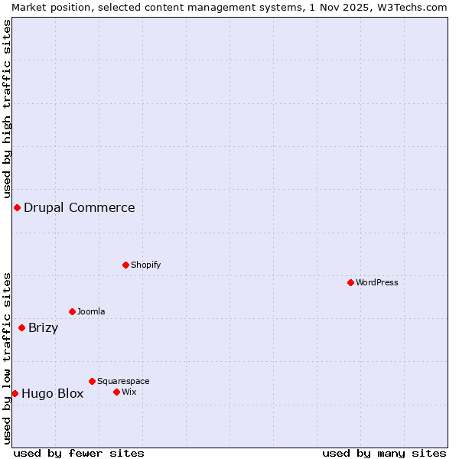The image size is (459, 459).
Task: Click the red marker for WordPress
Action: point(350,282)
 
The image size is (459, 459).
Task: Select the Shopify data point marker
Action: point(125,265)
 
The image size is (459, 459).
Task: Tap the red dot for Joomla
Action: point(72,311)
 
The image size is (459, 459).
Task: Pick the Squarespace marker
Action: point(92,381)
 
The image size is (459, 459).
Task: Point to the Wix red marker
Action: point(116,392)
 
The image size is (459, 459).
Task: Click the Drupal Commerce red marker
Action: point(17,207)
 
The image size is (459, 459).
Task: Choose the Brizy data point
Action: point(21,327)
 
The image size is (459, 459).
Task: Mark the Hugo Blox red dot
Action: point(15,393)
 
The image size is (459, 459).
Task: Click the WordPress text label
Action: point(377,282)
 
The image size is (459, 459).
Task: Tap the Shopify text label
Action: point(146,265)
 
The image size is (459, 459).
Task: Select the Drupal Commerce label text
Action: point(80,207)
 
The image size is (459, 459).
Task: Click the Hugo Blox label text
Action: point(53,394)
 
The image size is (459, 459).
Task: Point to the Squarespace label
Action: point(123,381)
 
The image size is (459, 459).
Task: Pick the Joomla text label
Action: point(91,311)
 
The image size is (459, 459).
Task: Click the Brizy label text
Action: point(44,328)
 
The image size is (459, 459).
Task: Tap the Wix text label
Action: point(129,392)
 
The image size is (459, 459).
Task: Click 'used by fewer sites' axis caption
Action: point(79,453)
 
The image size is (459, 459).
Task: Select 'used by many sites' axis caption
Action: point(384,453)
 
